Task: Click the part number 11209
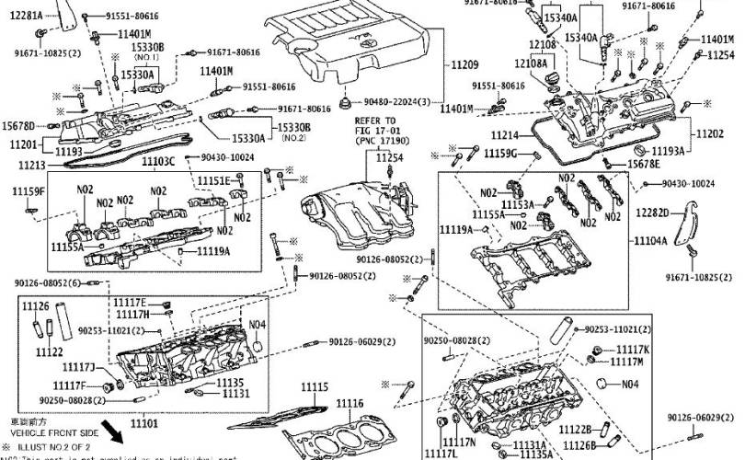point(464,65)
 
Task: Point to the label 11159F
point(29,191)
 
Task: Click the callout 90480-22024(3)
point(396,101)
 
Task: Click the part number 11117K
point(632,350)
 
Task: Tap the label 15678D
point(18,126)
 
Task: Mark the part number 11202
point(723,135)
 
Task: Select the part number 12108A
point(531,63)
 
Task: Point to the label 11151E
point(214,180)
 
